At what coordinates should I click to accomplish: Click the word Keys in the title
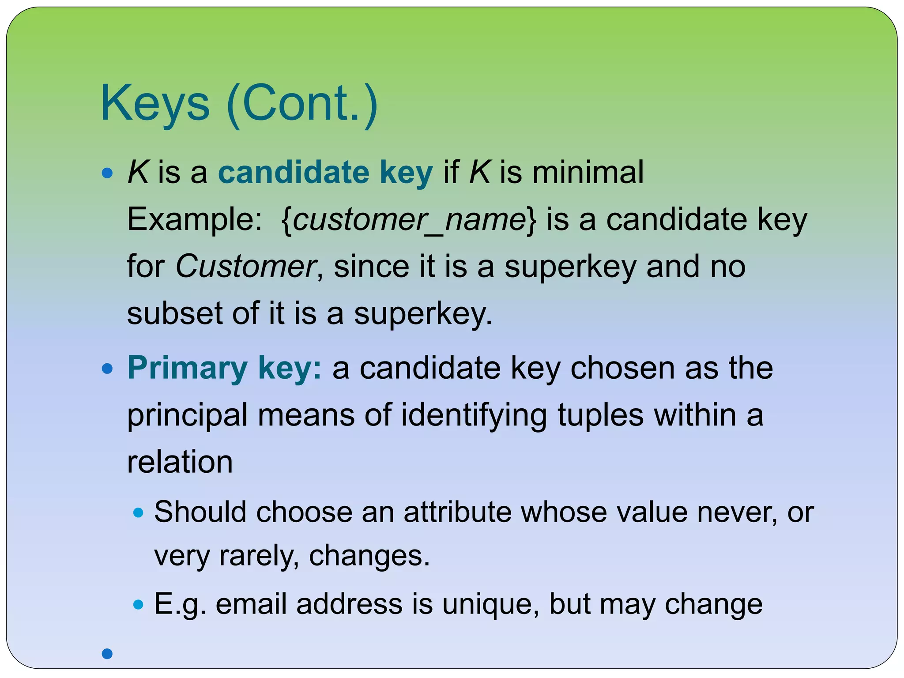pyautogui.click(x=155, y=104)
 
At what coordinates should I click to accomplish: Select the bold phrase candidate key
pyautogui.click(x=325, y=172)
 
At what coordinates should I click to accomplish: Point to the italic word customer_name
pyautogui.click(x=409, y=219)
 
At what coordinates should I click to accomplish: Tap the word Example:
pyautogui.click(x=195, y=219)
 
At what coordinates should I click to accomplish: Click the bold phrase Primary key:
pyautogui.click(x=225, y=368)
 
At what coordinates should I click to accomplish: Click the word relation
pyautogui.click(x=180, y=462)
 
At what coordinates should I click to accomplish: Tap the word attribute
pyautogui.click(x=457, y=512)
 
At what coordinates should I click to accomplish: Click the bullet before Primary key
pyautogui.click(x=107, y=369)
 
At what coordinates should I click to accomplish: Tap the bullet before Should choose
pyautogui.click(x=139, y=512)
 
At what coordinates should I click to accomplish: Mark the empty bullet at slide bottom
pyautogui.click(x=107, y=654)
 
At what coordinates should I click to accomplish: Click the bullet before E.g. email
pyautogui.click(x=139, y=604)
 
